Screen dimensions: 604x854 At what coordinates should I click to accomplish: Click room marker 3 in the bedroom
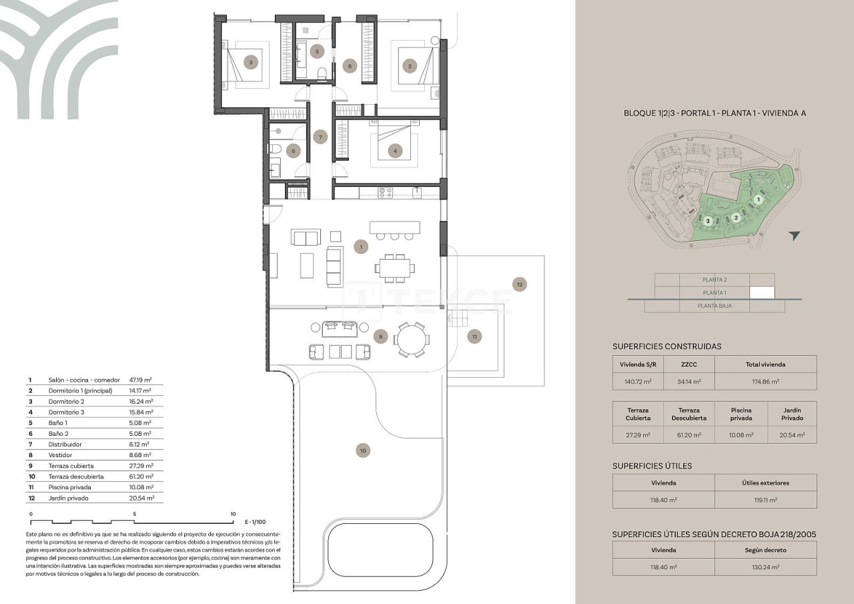coord(250,63)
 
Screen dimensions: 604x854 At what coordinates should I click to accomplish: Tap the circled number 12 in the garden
coord(520,284)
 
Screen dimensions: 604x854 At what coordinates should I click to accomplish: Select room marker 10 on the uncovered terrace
coord(362,451)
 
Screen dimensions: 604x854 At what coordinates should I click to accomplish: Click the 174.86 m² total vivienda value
coord(765,382)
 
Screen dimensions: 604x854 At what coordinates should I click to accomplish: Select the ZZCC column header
coord(689,364)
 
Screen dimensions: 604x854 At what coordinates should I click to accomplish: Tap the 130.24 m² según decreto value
coord(765,567)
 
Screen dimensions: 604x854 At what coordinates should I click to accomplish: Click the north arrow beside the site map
coord(793,236)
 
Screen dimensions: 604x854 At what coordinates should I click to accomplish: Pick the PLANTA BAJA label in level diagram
coord(714,306)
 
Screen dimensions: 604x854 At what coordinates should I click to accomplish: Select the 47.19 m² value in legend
coord(139,380)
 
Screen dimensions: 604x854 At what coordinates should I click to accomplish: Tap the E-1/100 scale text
coord(255,522)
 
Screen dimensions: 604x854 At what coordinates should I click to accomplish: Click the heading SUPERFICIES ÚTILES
coord(652,466)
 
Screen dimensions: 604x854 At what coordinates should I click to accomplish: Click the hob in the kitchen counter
coord(386,192)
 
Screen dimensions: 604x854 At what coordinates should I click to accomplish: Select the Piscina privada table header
coord(741,414)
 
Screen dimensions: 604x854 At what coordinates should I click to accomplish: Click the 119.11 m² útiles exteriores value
coord(765,499)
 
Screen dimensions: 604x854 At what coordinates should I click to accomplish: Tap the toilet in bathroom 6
coord(274,149)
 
